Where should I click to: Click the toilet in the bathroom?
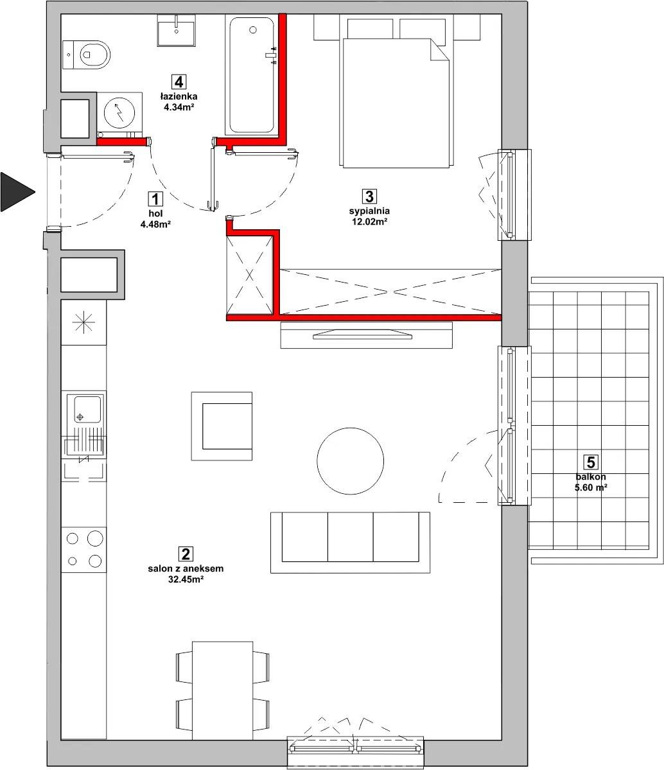[x=87, y=55]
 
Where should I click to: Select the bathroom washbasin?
[x=177, y=30]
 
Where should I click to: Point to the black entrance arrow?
[x=17, y=192]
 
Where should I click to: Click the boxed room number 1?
[x=155, y=199]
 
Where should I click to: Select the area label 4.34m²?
[x=179, y=107]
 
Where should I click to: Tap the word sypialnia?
[x=369, y=211]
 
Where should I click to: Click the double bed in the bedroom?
[x=396, y=93]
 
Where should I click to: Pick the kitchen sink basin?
[x=88, y=409]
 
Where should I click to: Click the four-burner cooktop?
[x=83, y=550]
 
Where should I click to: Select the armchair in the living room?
[x=222, y=426]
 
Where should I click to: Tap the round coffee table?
[x=350, y=460]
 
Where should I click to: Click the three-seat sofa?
[x=350, y=542]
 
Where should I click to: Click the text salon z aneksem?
[x=186, y=568]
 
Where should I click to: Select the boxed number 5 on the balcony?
[x=591, y=462]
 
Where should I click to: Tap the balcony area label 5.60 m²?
[x=591, y=487]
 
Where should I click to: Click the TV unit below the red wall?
[x=367, y=335]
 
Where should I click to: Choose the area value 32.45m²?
[x=186, y=579]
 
